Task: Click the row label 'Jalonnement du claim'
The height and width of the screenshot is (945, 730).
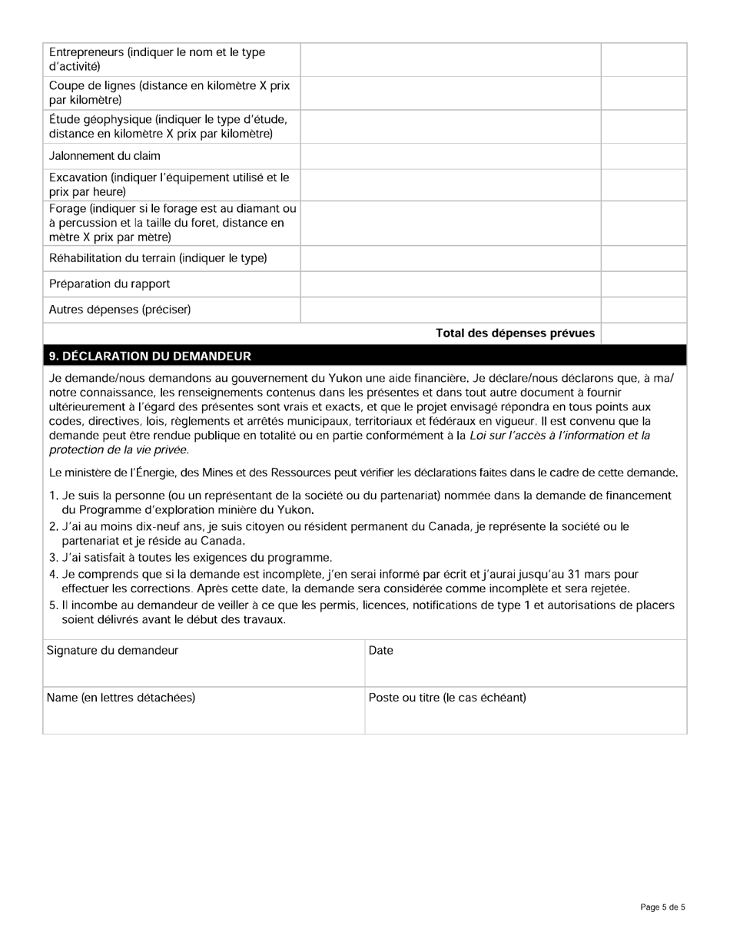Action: click(105, 156)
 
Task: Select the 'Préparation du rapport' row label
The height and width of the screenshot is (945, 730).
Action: click(109, 283)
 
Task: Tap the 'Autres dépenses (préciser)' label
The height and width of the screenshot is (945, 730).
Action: click(120, 310)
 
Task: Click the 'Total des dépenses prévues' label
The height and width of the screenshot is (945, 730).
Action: click(515, 333)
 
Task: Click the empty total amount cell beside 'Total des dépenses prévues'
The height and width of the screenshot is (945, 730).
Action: click(643, 333)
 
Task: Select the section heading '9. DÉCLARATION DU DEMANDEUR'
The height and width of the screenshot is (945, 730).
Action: click(149, 356)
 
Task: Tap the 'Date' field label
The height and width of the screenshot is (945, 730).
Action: click(381, 651)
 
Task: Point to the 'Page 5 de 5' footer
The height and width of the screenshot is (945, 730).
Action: click(662, 907)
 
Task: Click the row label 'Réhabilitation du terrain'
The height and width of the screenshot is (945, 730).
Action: click(158, 257)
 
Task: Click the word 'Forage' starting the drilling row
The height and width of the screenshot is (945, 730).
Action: click(66, 209)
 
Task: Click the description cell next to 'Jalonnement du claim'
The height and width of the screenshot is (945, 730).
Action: click(450, 156)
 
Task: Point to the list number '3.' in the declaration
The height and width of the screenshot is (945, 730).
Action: click(53, 557)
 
